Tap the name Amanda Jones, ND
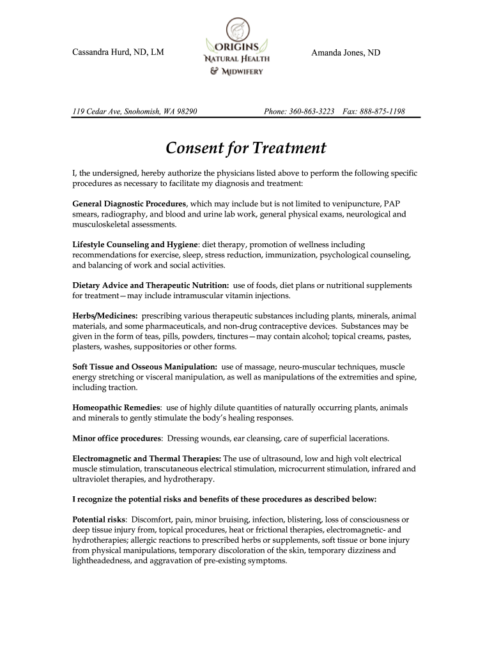coord(345,53)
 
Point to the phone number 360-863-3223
coord(312,112)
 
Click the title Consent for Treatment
coord(246,148)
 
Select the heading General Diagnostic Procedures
coord(128,204)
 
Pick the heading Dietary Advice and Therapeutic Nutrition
coord(150,285)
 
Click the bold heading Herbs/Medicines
coord(105,316)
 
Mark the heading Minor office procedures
coord(116,439)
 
